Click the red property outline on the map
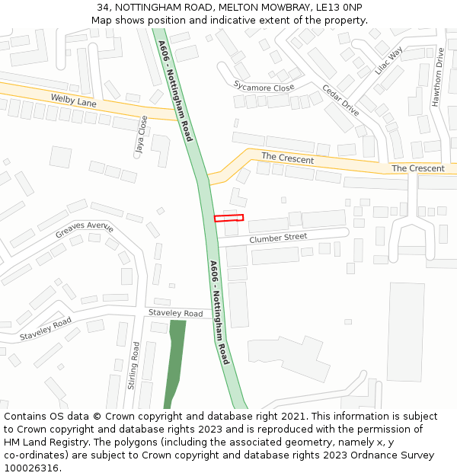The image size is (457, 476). [x=228, y=218]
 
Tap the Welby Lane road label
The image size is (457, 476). [x=74, y=101]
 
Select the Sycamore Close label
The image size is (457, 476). [x=264, y=88]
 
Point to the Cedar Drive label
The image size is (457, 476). [x=340, y=99]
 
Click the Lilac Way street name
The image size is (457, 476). [x=389, y=60]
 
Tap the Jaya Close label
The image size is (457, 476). [x=141, y=136]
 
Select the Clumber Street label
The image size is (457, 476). [x=278, y=238]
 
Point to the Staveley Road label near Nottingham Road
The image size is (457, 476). [x=176, y=314]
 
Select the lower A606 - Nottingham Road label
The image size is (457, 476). [x=219, y=312]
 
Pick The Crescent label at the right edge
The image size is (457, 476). [x=417, y=168]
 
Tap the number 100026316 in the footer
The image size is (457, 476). [x=31, y=468]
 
